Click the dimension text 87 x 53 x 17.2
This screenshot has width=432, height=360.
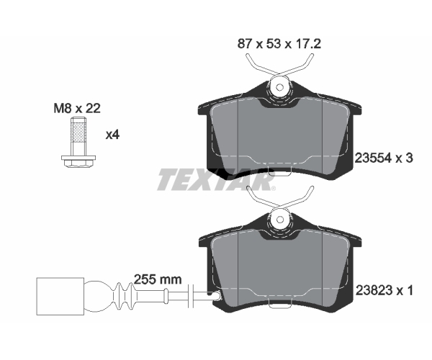279,44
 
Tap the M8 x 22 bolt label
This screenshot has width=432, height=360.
77,109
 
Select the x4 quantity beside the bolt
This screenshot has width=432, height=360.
113,135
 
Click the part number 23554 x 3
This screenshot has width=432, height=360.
384,158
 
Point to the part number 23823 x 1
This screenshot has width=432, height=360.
384,290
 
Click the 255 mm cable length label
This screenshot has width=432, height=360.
158,279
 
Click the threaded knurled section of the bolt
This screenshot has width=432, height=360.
79,133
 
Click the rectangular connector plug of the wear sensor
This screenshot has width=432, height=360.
60,296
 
